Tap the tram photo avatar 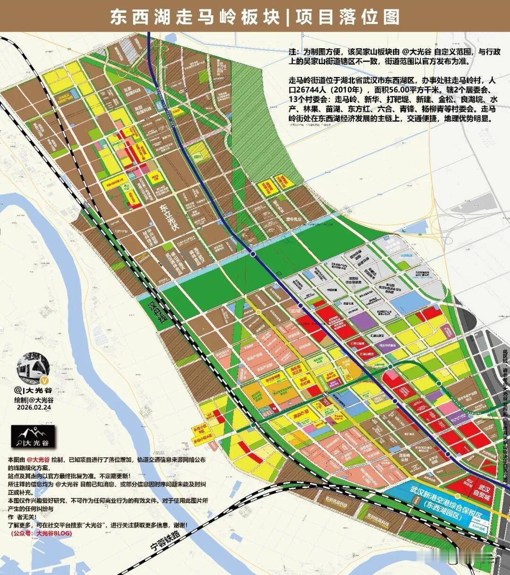pyautogui.click(x=33, y=368)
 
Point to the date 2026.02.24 pyautogui.click(x=34, y=407)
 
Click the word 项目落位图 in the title pyautogui.click(x=348, y=17)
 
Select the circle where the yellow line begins pyautogui.click(x=259, y=312)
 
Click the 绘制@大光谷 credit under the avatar pyautogui.click(x=34, y=399)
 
